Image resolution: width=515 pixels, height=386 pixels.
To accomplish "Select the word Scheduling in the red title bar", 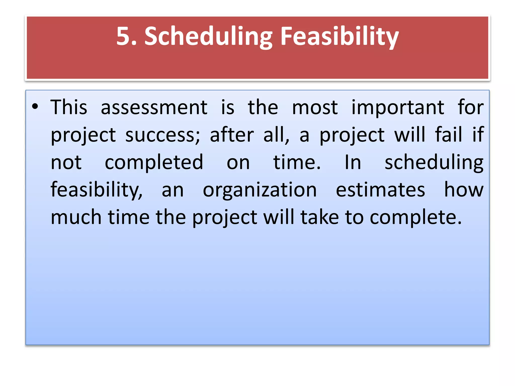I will point(208,37).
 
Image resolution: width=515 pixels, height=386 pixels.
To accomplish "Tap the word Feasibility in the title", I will point(339,37).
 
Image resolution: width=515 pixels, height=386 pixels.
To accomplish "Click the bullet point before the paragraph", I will point(35,107).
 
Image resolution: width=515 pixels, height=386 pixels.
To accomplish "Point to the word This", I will point(69,107).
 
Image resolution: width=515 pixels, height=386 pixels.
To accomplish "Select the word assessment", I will point(154,108).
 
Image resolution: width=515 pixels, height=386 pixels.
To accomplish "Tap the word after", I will point(232,135).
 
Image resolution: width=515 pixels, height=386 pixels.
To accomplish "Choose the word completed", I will point(154,163).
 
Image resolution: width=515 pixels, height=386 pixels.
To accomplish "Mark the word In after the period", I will point(353,162).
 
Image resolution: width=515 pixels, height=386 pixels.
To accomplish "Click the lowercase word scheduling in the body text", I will point(434,163).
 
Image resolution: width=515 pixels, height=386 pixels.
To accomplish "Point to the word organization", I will point(260,190).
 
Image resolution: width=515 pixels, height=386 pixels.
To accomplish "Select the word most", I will point(315,108).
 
